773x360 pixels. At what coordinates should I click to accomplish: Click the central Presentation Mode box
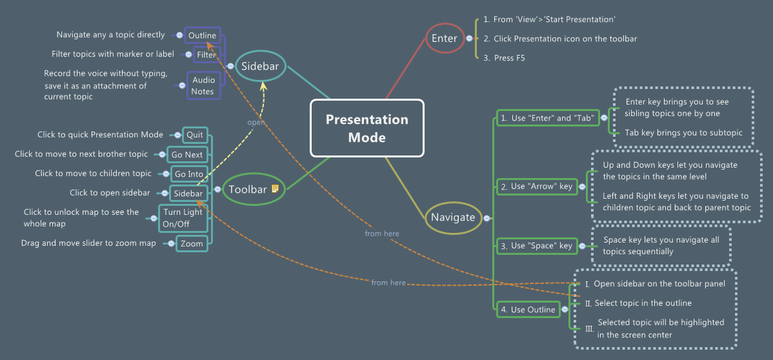366,128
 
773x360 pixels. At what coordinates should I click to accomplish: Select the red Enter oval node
444,38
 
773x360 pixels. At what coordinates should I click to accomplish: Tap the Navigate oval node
452,217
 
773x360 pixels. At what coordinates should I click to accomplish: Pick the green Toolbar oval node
247,189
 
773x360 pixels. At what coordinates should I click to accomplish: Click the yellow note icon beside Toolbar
275,189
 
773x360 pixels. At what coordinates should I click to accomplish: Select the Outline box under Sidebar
202,35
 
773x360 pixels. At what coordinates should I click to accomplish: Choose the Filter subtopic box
206,55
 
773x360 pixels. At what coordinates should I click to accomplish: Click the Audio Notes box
203,86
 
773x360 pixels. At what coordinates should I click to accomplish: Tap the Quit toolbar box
194,135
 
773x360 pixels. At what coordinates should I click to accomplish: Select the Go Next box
187,155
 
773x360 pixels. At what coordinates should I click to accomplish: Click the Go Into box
189,174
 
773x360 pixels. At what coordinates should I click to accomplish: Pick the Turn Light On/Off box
183,218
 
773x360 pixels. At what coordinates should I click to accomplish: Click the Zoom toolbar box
192,244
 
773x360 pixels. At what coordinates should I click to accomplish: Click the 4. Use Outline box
528,310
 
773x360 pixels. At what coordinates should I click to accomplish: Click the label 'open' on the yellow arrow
256,121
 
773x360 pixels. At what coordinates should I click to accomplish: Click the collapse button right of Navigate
487,218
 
